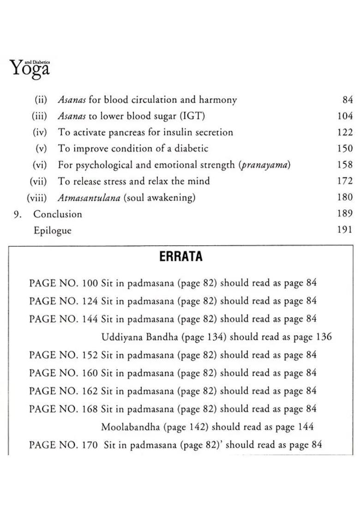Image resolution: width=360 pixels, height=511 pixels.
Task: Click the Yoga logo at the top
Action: (30, 68)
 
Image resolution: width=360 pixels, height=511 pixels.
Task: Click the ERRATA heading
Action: (181, 256)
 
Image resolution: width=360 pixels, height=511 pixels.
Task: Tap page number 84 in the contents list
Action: (347, 100)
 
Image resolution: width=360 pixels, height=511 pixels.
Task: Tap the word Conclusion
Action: (58, 214)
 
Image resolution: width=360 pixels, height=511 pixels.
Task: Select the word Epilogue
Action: (52, 230)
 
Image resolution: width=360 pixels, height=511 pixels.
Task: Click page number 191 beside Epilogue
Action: (345, 230)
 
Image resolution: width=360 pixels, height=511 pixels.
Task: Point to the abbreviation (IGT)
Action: (190, 116)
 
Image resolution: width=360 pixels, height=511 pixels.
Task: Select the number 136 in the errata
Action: (324, 337)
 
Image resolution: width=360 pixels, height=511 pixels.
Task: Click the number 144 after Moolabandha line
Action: (306, 427)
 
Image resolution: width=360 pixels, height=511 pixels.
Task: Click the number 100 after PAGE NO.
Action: (90, 283)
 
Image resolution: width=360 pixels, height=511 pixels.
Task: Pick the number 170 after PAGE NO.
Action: (90, 445)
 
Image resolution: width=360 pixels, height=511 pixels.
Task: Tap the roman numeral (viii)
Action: (37, 198)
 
